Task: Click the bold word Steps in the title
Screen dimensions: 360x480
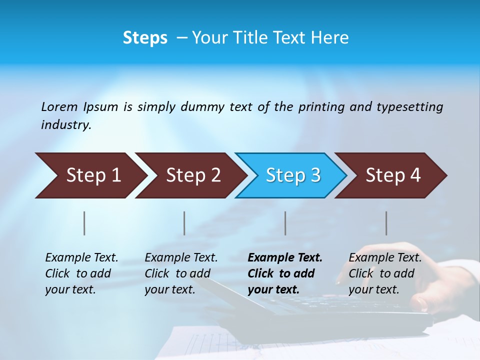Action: tap(145, 38)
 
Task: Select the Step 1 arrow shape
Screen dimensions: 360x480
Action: tap(90, 175)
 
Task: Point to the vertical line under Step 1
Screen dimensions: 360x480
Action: tap(84, 223)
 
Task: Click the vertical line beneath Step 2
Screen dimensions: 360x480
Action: tap(184, 223)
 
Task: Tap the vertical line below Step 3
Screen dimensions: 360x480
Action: tap(285, 223)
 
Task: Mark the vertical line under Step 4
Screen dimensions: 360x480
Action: tap(386, 223)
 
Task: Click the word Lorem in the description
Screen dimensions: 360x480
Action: tap(59, 107)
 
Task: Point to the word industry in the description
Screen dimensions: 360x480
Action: tap(65, 125)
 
